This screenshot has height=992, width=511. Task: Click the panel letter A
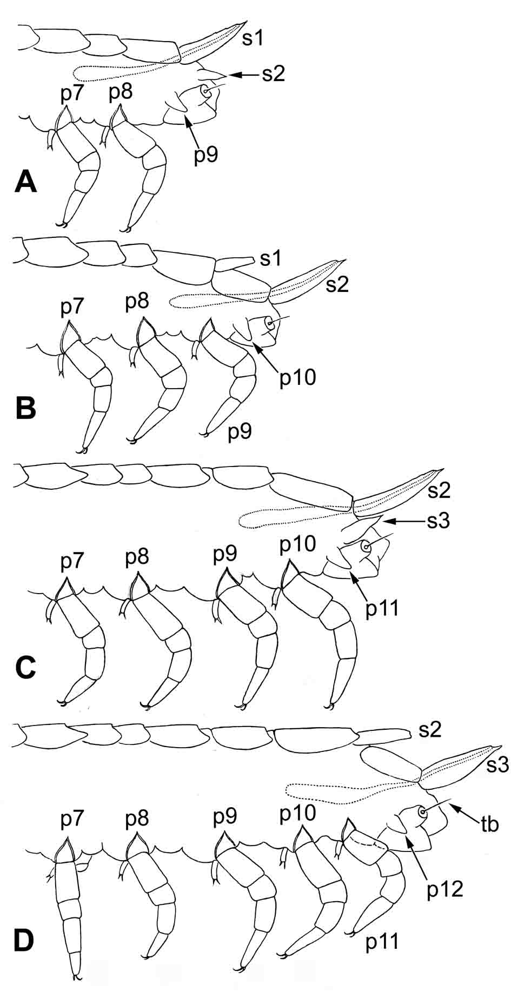click(x=25, y=181)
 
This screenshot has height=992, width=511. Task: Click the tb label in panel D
click(x=489, y=825)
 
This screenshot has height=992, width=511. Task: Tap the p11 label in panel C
click(x=382, y=608)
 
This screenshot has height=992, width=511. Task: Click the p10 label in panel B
click(x=297, y=377)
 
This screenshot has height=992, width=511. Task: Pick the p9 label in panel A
click(x=206, y=155)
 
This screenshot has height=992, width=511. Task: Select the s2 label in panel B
click(x=336, y=285)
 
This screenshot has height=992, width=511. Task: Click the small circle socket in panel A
click(x=205, y=91)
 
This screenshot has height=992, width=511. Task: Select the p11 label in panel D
click(x=382, y=942)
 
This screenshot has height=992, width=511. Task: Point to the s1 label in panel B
click(x=270, y=259)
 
